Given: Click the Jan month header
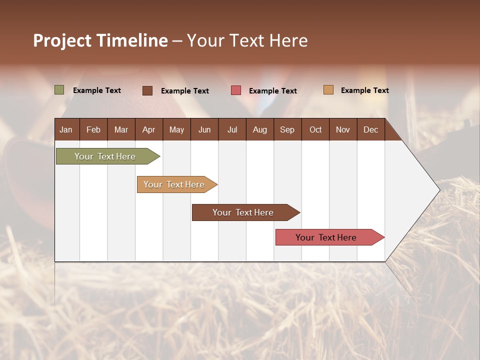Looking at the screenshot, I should pyautogui.click(x=66, y=129).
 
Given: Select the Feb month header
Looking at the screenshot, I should pyautogui.click(x=93, y=129).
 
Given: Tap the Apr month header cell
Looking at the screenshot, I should pyautogui.click(x=149, y=129).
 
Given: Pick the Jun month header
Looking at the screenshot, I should pyautogui.click(x=204, y=129).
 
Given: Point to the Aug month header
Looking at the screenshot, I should pyautogui.click(x=260, y=129).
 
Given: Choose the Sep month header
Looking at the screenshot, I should pyautogui.click(x=287, y=129).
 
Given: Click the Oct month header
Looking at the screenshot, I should pyautogui.click(x=315, y=129).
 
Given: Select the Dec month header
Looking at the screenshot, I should pyautogui.click(x=371, y=129).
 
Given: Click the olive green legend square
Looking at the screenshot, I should pyautogui.click(x=59, y=90).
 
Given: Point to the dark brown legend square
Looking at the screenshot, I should pyautogui.click(x=147, y=90).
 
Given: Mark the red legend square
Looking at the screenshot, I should pyautogui.click(x=236, y=90).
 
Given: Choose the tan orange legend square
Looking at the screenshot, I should pyautogui.click(x=328, y=90).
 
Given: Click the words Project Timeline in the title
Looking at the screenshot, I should pyautogui.click(x=100, y=40).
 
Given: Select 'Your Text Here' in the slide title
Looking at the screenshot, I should pyautogui.click(x=247, y=40).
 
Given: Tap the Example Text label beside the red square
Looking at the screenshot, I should pyautogui.click(x=273, y=91).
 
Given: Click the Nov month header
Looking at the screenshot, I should pyautogui.click(x=343, y=129).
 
